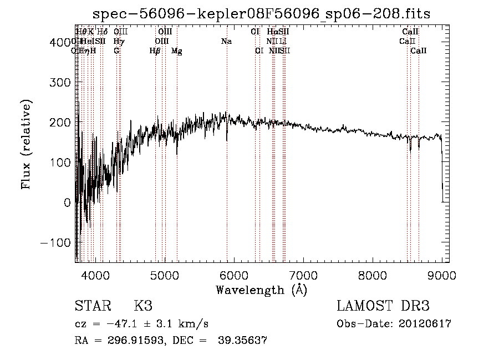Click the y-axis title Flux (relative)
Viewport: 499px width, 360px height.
coord(26,144)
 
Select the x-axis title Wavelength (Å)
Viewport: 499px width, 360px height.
coord(261,290)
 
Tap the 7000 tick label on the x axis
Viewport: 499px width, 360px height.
coord(303,275)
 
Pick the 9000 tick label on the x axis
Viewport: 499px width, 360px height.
coord(442,275)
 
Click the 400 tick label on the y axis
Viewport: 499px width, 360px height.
coord(59,42)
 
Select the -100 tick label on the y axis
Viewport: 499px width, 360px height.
coord(55,243)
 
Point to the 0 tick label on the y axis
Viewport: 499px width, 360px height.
coord(67,202)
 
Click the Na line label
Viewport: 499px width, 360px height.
coord(226,42)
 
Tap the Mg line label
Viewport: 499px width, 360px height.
coord(176,51)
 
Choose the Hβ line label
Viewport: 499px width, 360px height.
coord(155,51)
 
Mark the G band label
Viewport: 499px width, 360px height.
coord(116,51)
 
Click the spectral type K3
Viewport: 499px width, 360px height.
coord(143,307)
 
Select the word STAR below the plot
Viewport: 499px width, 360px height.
coord(93,307)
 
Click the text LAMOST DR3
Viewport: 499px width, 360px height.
coord(383,307)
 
